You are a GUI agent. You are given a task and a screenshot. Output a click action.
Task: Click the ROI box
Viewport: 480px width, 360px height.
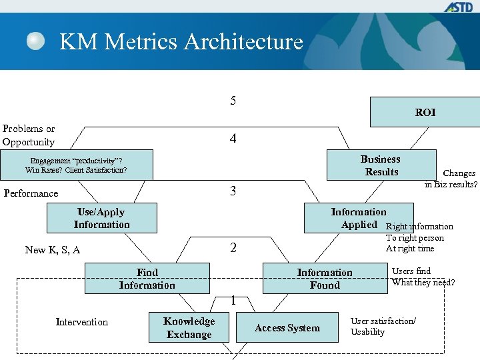[425, 112]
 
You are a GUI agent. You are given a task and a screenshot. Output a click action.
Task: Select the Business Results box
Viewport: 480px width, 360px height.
[380, 165]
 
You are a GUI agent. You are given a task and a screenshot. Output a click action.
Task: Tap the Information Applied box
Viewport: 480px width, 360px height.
[359, 218]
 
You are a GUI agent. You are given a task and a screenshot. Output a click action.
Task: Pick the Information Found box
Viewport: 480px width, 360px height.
[325, 279]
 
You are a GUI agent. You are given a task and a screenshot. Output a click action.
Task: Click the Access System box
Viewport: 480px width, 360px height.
[287, 328]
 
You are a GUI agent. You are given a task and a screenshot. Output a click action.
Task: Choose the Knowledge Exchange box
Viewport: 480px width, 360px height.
[189, 328]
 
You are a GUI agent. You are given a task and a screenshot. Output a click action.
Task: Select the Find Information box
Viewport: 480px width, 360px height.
[147, 279]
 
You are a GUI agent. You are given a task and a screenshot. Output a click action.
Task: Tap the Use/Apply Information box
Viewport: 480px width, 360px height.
[102, 218]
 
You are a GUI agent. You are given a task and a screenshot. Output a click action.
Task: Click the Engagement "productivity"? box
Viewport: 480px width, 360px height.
[76, 165]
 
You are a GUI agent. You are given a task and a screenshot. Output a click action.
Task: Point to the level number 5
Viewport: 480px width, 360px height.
[233, 101]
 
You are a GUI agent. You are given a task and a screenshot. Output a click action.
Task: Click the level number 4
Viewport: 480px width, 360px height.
[233, 139]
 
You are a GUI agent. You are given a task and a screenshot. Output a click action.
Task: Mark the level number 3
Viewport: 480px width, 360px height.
[233, 191]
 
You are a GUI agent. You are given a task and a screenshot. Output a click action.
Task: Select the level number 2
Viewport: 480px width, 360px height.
[233, 248]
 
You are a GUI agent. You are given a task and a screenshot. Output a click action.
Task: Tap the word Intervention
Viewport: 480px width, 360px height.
[82, 322]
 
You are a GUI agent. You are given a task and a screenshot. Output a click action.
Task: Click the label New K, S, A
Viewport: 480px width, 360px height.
[52, 250]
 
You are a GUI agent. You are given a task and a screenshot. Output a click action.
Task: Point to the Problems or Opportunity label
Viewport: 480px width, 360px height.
[29, 135]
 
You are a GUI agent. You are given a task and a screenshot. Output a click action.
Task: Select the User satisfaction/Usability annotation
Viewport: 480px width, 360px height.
[383, 327]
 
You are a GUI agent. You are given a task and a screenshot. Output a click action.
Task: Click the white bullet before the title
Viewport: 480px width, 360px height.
[36, 41]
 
